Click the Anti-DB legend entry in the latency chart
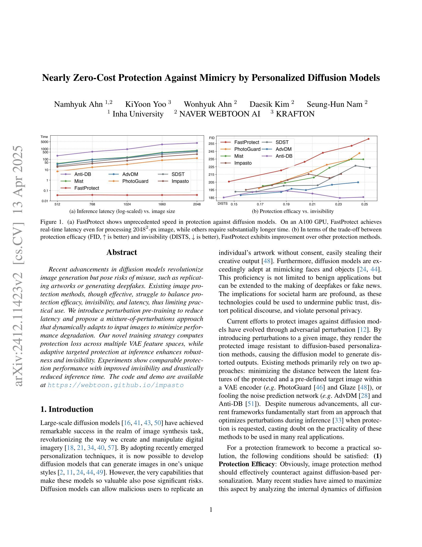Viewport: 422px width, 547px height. pyautogui.click(x=83, y=174)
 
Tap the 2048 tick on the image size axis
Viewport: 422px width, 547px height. pyautogui.click(x=197, y=204)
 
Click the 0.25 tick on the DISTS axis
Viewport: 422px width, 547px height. pyautogui.click(x=365, y=204)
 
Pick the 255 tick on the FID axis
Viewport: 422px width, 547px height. pyautogui.click(x=211, y=144)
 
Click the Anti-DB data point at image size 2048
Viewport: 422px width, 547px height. pyautogui.click(x=197, y=143)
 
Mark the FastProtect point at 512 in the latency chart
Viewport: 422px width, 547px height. pyautogui.click(x=57, y=195)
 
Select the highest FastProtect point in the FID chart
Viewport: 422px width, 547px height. pyautogui.click(x=368, y=139)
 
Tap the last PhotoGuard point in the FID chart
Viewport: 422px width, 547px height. pyautogui.click(x=359, y=153)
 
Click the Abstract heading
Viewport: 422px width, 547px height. pyautogui.click(x=122, y=252)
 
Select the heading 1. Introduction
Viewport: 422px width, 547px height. pyautogui.click(x=66, y=409)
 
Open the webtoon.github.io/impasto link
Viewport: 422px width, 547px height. pyautogui.click(x=116, y=385)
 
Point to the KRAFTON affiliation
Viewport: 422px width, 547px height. pyautogui.click(x=295, y=114)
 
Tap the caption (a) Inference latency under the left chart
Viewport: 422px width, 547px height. pyautogui.click(x=122, y=211)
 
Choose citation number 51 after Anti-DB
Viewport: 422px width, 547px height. pyautogui.click(x=251, y=404)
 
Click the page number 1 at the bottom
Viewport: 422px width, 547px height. pyautogui.click(x=211, y=510)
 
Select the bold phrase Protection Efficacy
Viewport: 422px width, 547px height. pyautogui.click(x=246, y=464)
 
